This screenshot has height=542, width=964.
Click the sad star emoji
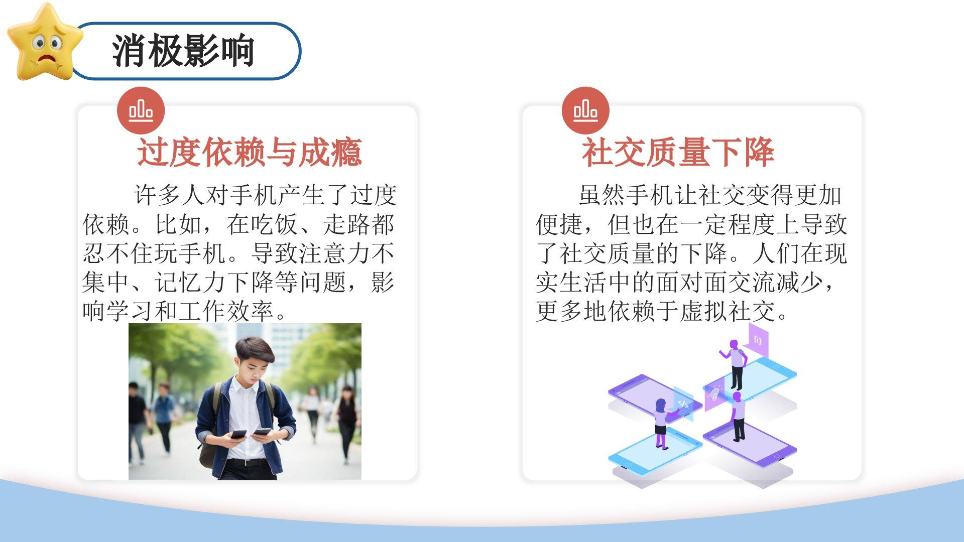[x=45, y=43]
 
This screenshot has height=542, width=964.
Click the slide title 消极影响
[x=183, y=51]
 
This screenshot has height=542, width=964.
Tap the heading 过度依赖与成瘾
[x=250, y=152]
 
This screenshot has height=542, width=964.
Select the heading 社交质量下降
[x=678, y=152]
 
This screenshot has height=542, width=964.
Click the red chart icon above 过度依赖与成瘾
[x=141, y=110]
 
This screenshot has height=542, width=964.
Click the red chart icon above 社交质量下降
[x=585, y=110]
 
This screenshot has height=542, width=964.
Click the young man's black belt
[x=246, y=462]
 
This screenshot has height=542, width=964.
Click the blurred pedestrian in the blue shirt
[x=164, y=417]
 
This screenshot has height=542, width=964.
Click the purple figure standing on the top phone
[x=735, y=364]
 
